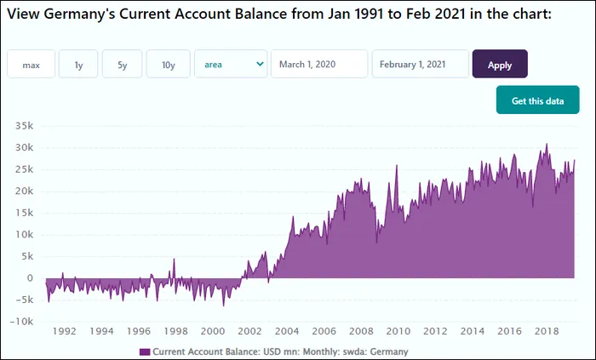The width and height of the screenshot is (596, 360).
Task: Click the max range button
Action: pos(32,65)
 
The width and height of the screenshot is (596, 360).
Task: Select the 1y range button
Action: pos(78,65)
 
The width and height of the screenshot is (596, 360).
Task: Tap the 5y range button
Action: pos(122,65)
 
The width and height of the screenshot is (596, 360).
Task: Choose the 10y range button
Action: pos(168,65)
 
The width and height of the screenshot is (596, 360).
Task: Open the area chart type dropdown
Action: pos(231,65)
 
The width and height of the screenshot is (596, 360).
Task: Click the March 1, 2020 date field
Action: pos(319,65)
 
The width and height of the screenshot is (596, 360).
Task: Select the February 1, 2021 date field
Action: pos(420,65)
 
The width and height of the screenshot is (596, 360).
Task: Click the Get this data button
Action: pos(537,101)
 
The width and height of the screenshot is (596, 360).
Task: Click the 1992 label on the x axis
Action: pos(64,332)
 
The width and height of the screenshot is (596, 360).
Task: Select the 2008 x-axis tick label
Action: pos(361,332)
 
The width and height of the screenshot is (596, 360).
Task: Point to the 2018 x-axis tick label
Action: pos(546,332)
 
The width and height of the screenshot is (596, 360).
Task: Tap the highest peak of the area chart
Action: pos(547,144)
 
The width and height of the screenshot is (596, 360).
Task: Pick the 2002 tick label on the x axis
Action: pos(249,332)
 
